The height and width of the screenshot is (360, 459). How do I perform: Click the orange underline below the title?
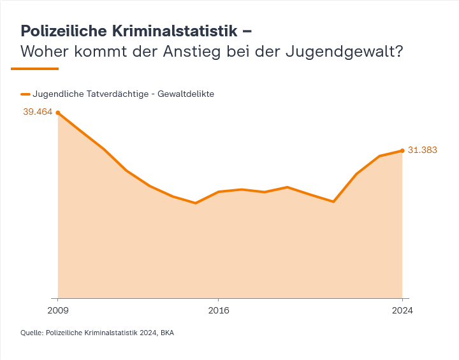(x=35, y=68)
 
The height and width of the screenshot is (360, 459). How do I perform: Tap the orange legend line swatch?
(x=25, y=94)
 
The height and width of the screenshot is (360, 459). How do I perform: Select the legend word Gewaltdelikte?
(x=187, y=94)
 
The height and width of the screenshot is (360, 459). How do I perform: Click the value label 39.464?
(x=38, y=112)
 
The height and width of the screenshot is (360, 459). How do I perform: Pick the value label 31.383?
(x=422, y=150)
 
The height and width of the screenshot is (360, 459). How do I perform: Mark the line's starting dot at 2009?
(x=58, y=113)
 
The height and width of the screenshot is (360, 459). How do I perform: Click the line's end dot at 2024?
(x=402, y=150)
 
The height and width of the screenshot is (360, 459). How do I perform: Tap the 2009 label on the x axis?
(x=58, y=310)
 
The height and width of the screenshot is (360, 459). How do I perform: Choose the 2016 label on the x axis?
(x=219, y=310)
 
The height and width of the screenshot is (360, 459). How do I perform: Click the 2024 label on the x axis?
(x=402, y=310)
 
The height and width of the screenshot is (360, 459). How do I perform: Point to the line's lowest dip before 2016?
(x=196, y=203)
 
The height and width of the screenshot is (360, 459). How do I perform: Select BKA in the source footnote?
(x=167, y=333)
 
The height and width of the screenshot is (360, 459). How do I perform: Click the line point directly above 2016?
(x=219, y=191)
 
